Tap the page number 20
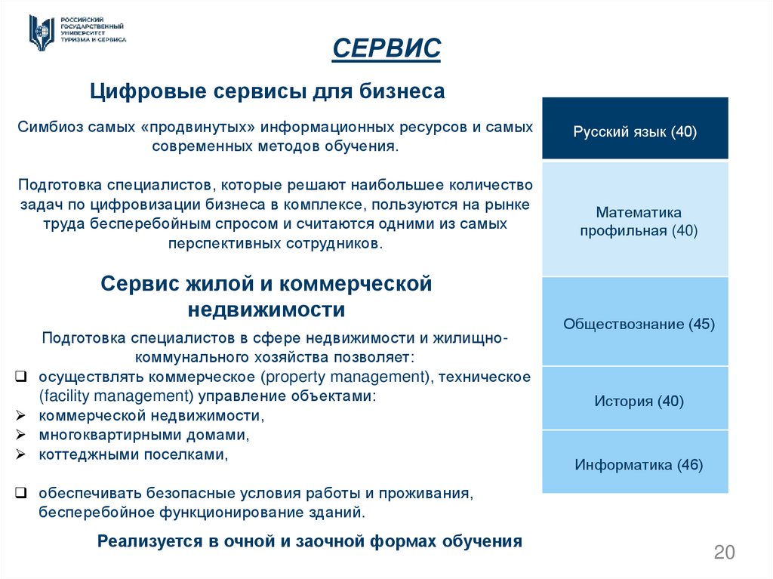pyautogui.click(x=723, y=552)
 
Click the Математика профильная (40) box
pyautogui.click(x=635, y=220)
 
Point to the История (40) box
pyautogui.click(x=635, y=400)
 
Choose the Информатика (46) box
pyautogui.click(x=635, y=464)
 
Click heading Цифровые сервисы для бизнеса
pyautogui.click(x=267, y=92)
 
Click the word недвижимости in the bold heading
pyautogui.click(x=266, y=310)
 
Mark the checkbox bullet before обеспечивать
pyautogui.click(x=21, y=494)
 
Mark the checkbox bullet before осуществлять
pyautogui.click(x=21, y=376)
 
